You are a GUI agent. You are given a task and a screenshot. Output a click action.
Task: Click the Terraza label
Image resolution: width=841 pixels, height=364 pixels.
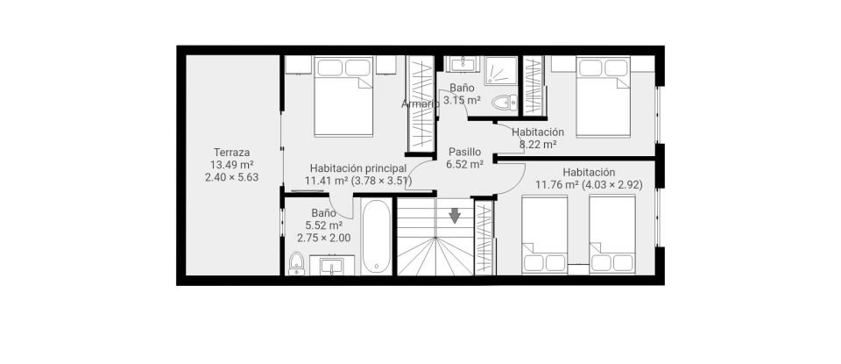[232, 152]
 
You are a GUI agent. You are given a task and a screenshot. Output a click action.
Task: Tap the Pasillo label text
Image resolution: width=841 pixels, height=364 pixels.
[464, 151]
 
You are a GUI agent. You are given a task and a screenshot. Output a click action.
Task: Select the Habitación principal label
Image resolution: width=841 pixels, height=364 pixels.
[357, 168]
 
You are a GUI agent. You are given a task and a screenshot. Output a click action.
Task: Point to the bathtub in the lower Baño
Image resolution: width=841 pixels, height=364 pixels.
[377, 236]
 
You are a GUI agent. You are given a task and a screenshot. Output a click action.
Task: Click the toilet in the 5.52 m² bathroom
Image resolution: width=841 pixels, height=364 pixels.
[296, 261]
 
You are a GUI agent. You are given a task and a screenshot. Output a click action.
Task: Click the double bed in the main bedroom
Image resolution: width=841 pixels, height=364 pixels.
[343, 96]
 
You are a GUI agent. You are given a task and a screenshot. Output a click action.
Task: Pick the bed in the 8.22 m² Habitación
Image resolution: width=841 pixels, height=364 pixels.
[603, 96]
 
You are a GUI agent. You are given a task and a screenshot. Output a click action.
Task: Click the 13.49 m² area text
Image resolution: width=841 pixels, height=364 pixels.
[232, 164]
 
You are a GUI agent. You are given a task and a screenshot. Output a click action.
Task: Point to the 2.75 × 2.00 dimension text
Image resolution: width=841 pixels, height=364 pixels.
[323, 238]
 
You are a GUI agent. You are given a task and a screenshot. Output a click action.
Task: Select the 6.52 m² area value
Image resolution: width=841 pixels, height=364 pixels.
[464, 163]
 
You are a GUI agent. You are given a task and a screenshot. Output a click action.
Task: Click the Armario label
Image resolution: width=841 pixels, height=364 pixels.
[420, 103]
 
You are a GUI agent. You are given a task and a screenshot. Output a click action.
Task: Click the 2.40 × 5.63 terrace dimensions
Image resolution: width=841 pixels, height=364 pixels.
[232, 176]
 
